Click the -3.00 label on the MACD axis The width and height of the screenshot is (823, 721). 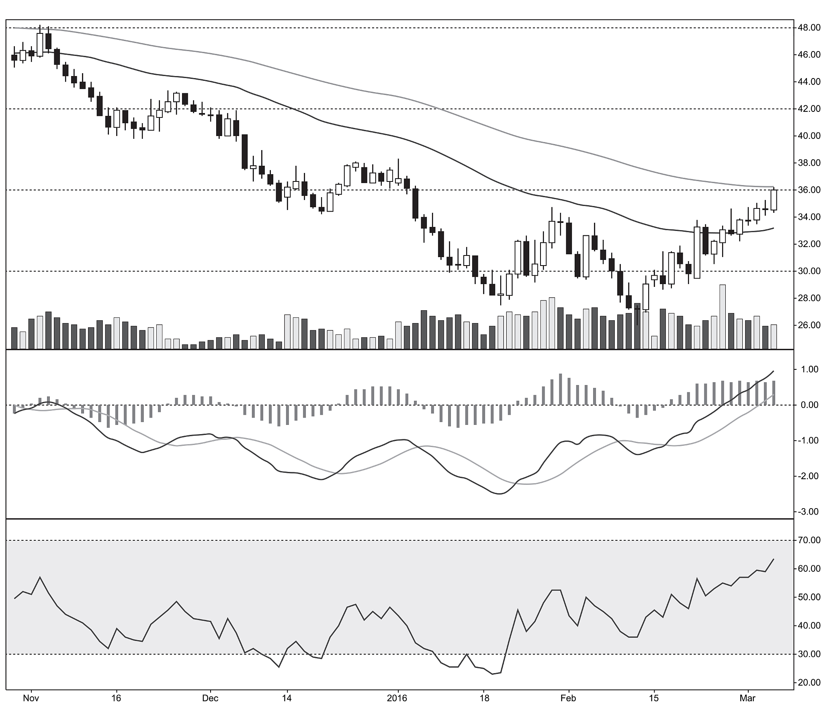pos(808,512)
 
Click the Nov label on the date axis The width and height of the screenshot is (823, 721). pos(31,698)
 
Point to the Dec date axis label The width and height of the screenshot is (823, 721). pos(210,698)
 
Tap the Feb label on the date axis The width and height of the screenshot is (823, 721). pos(568,698)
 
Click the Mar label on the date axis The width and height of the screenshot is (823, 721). pos(748,698)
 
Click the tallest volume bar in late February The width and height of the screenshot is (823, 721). pos(723,316)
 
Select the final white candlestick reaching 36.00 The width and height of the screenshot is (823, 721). pos(774,200)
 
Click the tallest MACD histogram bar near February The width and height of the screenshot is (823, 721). pos(560,389)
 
